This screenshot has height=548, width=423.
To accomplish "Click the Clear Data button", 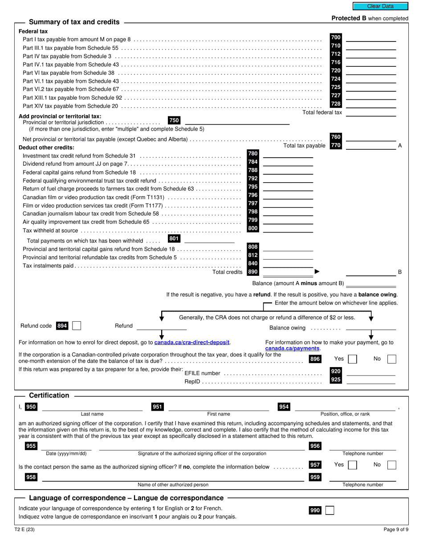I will pyautogui.click(x=380, y=6).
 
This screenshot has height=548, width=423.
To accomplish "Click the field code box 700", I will pyautogui.click(x=335, y=37).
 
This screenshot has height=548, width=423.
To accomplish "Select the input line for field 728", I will pyautogui.click(x=370, y=104).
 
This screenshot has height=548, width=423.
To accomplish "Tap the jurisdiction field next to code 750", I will pyautogui.click(x=237, y=120).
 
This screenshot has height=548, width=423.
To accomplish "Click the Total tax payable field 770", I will pyautogui.click(x=370, y=145).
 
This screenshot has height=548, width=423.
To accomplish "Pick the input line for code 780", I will pyautogui.click(x=288, y=154).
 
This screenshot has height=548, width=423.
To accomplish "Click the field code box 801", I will pyautogui.click(x=174, y=239).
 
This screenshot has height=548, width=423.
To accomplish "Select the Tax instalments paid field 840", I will pyautogui.click(x=288, y=263).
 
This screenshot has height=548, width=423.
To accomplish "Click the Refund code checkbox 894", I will pyautogui.click(x=77, y=326).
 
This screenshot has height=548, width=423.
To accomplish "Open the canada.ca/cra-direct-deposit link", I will pyautogui.click(x=192, y=343).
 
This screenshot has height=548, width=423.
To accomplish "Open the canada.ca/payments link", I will pyautogui.click(x=293, y=348).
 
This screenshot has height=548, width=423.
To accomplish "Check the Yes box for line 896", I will pyautogui.click(x=352, y=359).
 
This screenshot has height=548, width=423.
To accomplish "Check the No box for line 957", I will pyautogui.click(x=391, y=465).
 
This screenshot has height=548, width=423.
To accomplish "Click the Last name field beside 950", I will pyautogui.click(x=92, y=406).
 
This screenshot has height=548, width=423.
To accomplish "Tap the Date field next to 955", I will pyautogui.click(x=66, y=446).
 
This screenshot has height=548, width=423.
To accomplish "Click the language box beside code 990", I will pyautogui.click(x=329, y=510).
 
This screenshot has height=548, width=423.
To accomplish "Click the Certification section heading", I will pyautogui.click(x=49, y=396).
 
